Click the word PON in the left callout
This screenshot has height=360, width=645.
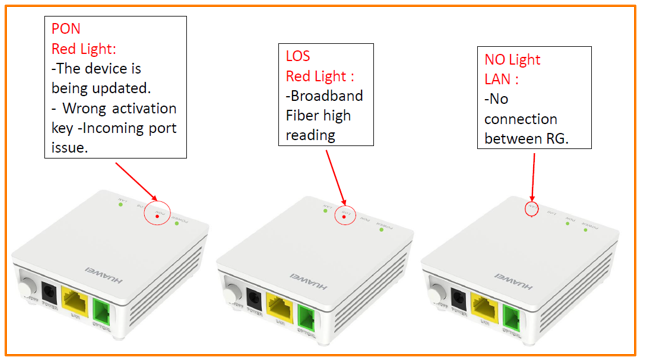pos(65,28)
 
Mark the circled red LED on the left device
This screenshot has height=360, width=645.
pos(156,212)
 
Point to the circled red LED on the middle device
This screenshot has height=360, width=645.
pos(344,214)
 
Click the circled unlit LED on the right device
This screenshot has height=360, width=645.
pos(532,210)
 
